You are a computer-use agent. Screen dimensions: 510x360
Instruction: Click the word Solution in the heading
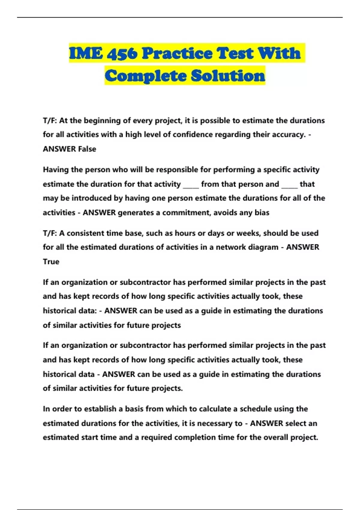(228, 76)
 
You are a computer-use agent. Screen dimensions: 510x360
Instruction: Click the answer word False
(87, 149)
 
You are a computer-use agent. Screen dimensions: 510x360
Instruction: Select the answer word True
(51, 262)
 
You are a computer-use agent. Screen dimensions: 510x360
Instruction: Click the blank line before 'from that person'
(191, 185)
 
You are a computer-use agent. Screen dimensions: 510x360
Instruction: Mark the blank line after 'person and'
(289, 185)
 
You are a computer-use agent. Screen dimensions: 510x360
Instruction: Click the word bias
(262, 213)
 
